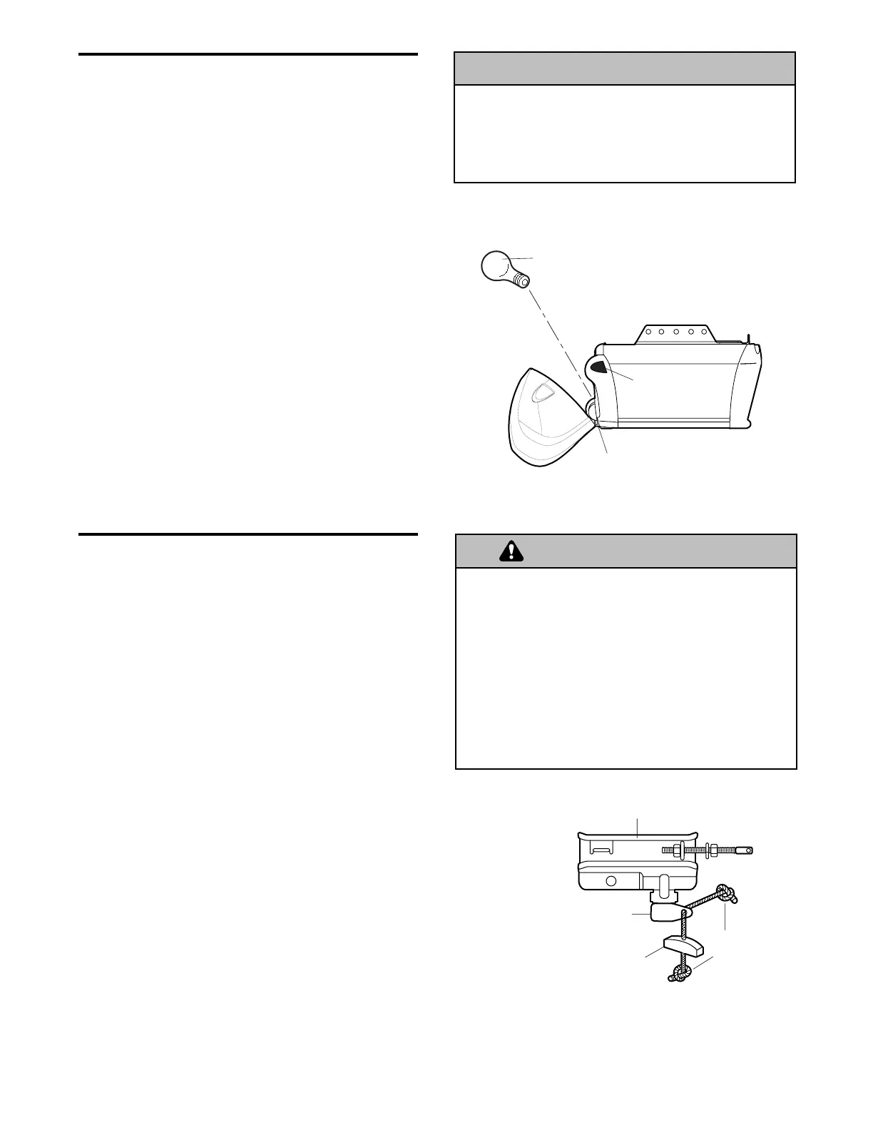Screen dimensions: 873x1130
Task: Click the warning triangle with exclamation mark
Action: click(511, 551)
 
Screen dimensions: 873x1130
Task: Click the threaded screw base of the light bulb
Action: click(521, 279)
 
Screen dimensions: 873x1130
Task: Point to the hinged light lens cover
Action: click(545, 421)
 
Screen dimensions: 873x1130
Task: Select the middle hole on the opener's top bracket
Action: click(675, 332)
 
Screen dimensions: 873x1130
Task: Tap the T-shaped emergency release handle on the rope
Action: click(683, 947)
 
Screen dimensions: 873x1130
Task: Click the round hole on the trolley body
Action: click(611, 880)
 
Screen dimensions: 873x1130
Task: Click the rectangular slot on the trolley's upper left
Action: click(603, 850)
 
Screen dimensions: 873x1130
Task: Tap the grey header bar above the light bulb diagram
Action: click(624, 68)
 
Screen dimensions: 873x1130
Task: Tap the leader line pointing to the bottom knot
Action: click(703, 965)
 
